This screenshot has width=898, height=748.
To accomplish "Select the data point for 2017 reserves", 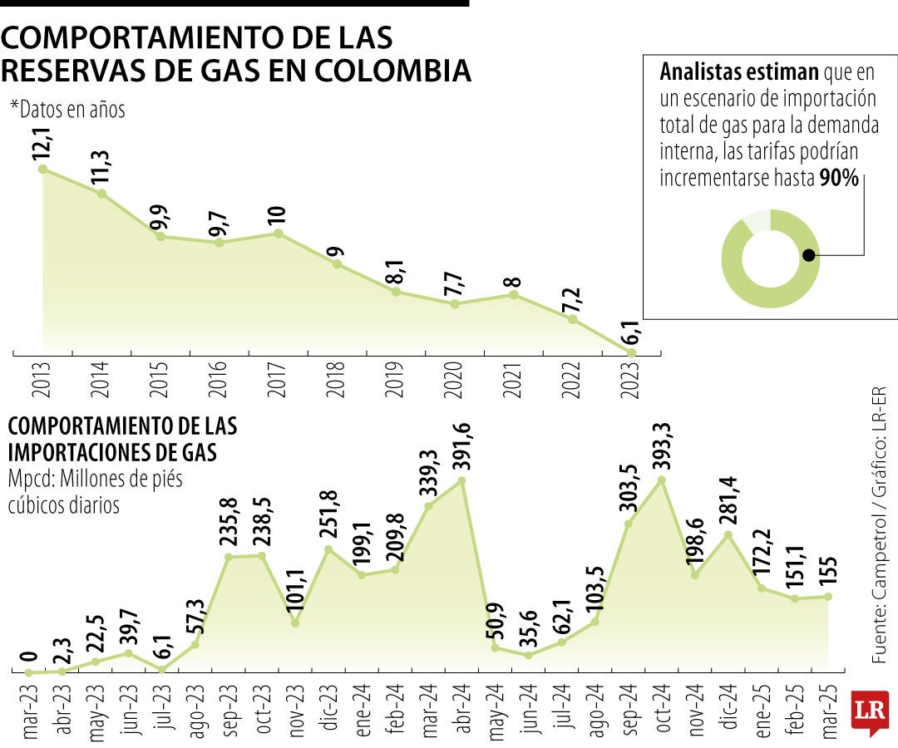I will (279, 234).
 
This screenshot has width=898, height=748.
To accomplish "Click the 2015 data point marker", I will (160, 237).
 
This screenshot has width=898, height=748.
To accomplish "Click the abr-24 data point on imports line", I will (461, 480).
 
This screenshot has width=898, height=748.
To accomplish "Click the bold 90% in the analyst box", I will (839, 179).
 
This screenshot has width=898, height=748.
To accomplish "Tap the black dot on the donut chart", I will (808, 256).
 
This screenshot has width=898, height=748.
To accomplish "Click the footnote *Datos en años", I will (67, 109).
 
